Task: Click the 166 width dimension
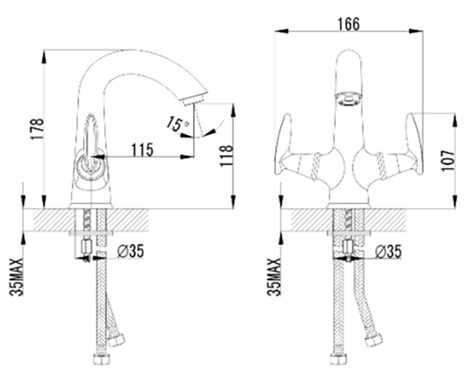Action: tap(349, 24)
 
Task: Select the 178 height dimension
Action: tap(37, 129)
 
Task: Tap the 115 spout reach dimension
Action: tap(142, 150)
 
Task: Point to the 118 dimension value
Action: tap(226, 156)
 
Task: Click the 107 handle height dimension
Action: tap(448, 161)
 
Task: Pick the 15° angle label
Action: tap(178, 124)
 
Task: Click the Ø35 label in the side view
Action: tap(130, 251)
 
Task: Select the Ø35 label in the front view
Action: tap(388, 251)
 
